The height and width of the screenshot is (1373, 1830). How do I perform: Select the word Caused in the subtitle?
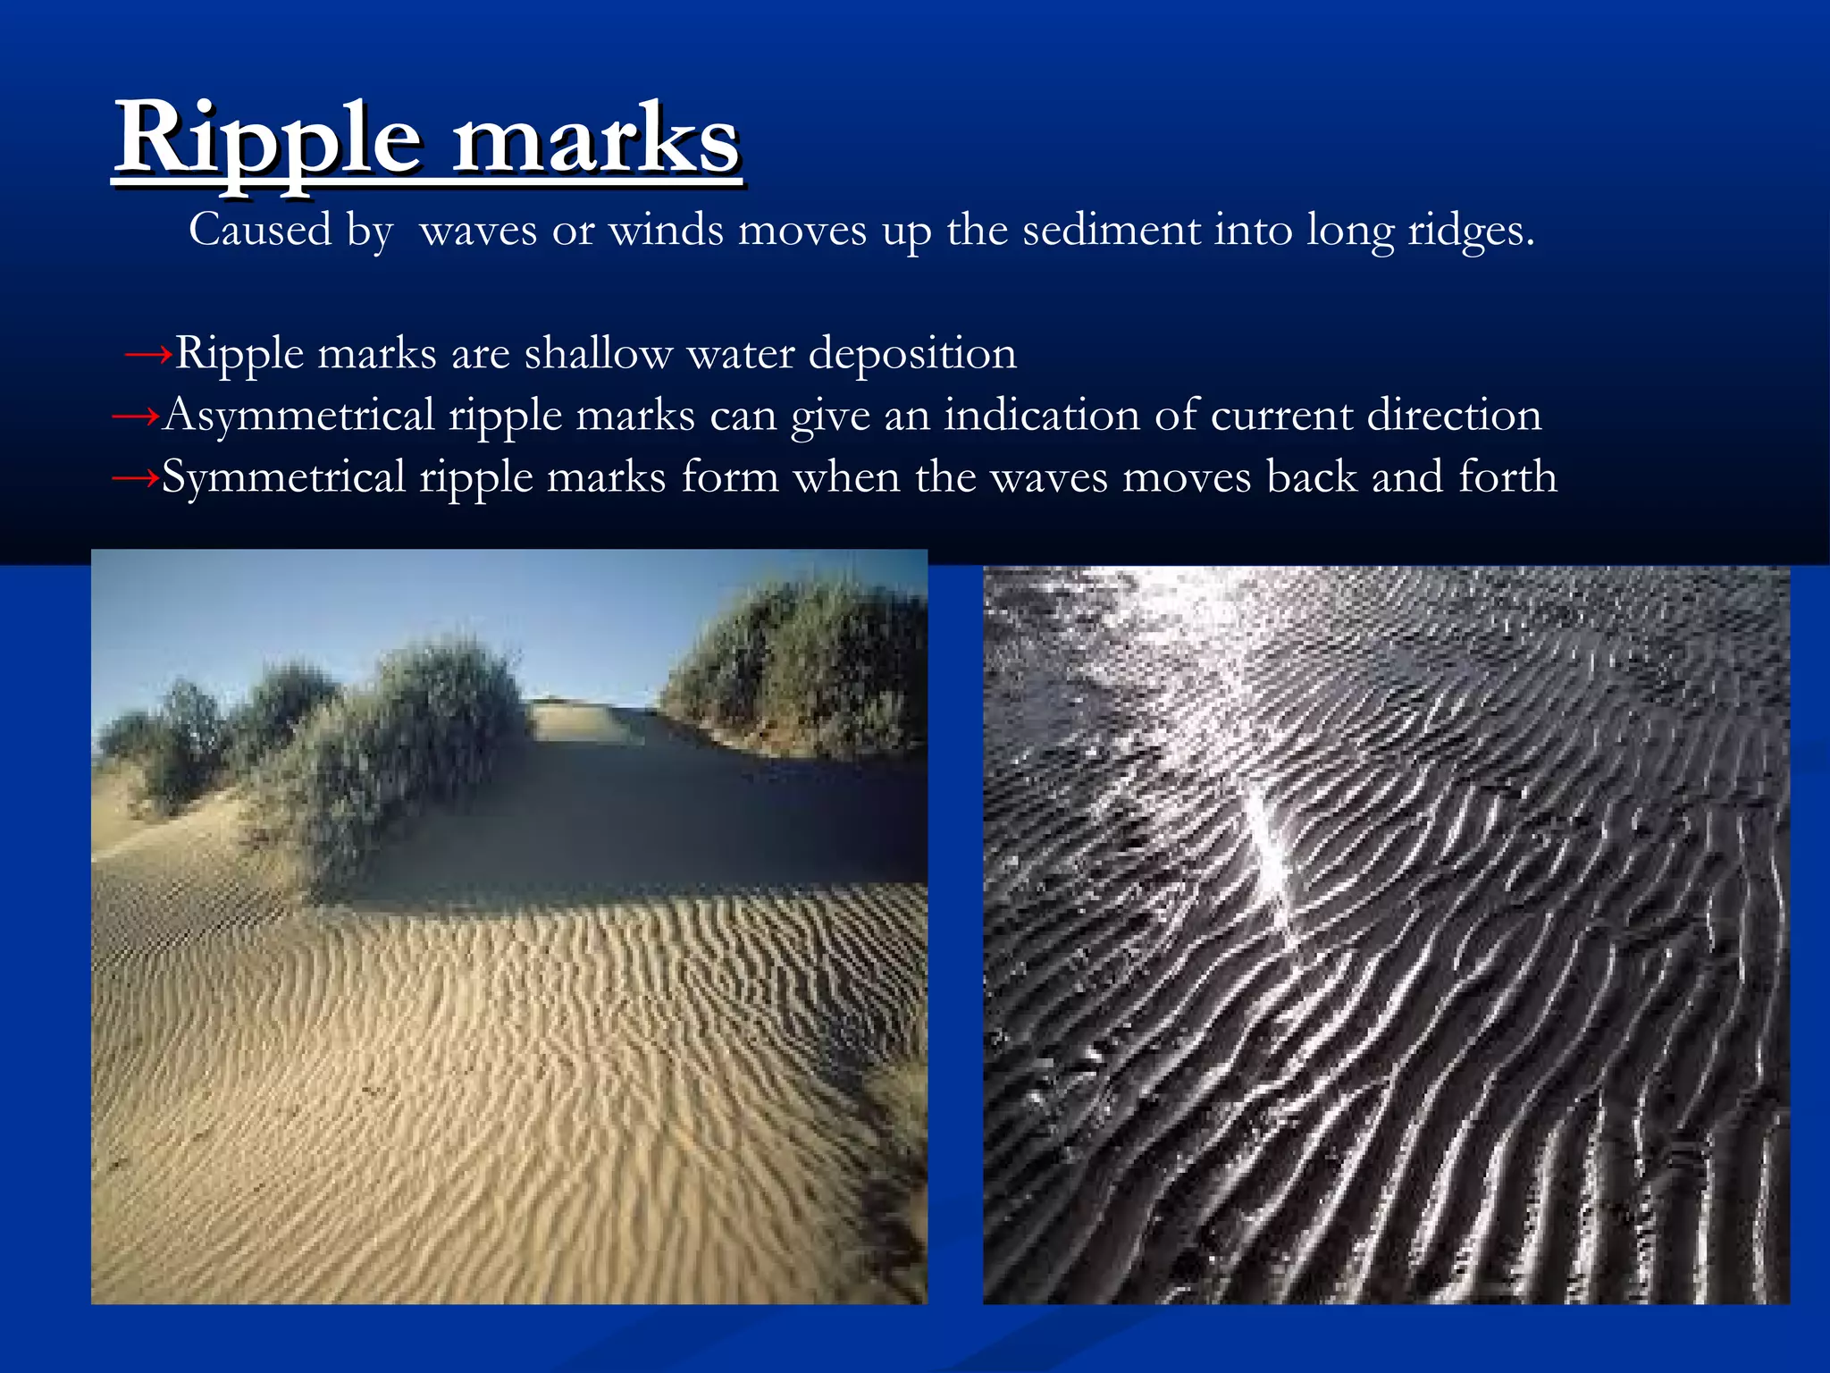coord(260,231)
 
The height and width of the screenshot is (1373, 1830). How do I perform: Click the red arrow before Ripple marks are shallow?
coord(147,356)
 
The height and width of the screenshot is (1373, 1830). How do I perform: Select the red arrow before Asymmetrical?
coord(135,417)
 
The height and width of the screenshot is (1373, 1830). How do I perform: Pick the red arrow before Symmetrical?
coord(135,479)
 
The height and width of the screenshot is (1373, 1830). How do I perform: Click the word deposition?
coord(912,354)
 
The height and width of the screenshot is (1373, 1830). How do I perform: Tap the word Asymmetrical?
coord(298,417)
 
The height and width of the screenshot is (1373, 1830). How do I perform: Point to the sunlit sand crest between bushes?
coord(581,720)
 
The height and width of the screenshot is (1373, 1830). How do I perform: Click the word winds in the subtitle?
coord(666,231)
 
